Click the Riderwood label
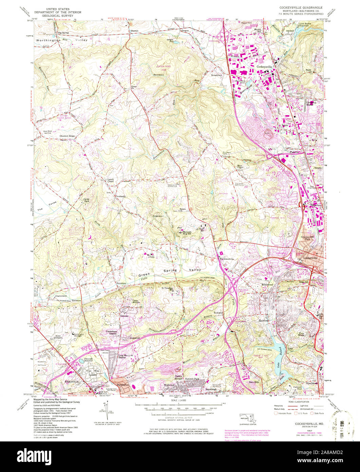(x=267, y=284)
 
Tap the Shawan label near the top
(x=135, y=31)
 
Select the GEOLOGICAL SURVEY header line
(x=60, y=16)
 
